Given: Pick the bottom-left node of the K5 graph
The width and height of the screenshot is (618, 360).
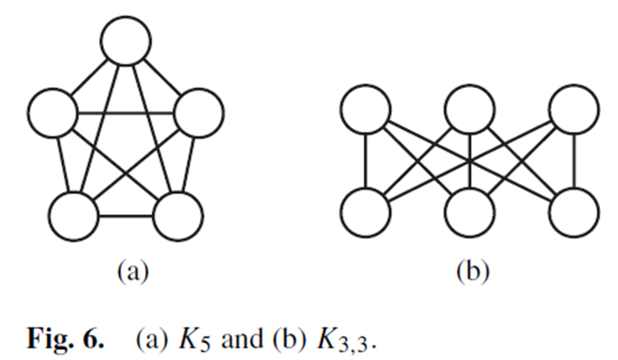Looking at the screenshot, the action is click(x=73, y=216).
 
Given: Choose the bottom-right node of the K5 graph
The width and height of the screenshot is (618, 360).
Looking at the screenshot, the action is click(x=177, y=216).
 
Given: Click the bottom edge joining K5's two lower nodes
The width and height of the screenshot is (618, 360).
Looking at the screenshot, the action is click(x=125, y=217).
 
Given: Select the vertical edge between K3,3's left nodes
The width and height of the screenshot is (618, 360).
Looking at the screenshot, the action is click(x=365, y=162).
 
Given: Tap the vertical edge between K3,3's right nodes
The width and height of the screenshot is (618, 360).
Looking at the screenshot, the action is click(x=574, y=162).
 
